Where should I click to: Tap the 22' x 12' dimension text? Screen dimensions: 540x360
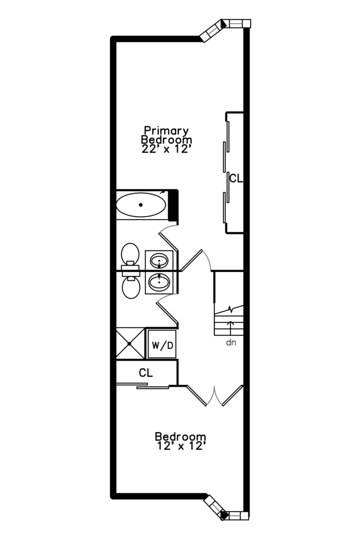click(x=167, y=149)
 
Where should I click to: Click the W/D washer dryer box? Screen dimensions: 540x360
click(x=162, y=345)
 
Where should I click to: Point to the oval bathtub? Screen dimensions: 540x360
click(x=141, y=205)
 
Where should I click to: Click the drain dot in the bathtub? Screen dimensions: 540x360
click(x=141, y=205)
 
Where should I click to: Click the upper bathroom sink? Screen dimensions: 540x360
click(x=159, y=260)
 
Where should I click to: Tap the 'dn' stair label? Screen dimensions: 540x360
click(x=230, y=343)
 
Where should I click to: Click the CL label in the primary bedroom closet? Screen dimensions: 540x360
click(x=235, y=178)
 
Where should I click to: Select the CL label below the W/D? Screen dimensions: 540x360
click(x=146, y=373)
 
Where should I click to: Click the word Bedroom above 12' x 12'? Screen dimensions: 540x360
click(x=180, y=436)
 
